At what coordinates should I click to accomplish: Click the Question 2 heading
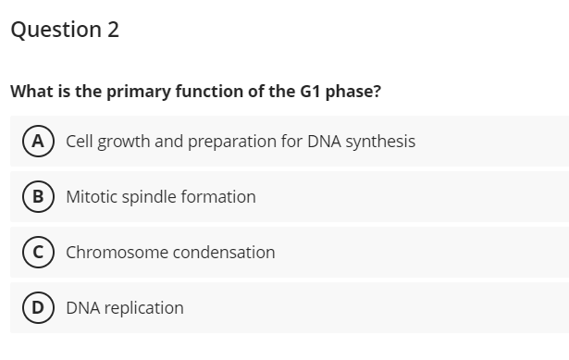tap(65, 30)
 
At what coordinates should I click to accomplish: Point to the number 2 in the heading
tap(112, 30)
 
